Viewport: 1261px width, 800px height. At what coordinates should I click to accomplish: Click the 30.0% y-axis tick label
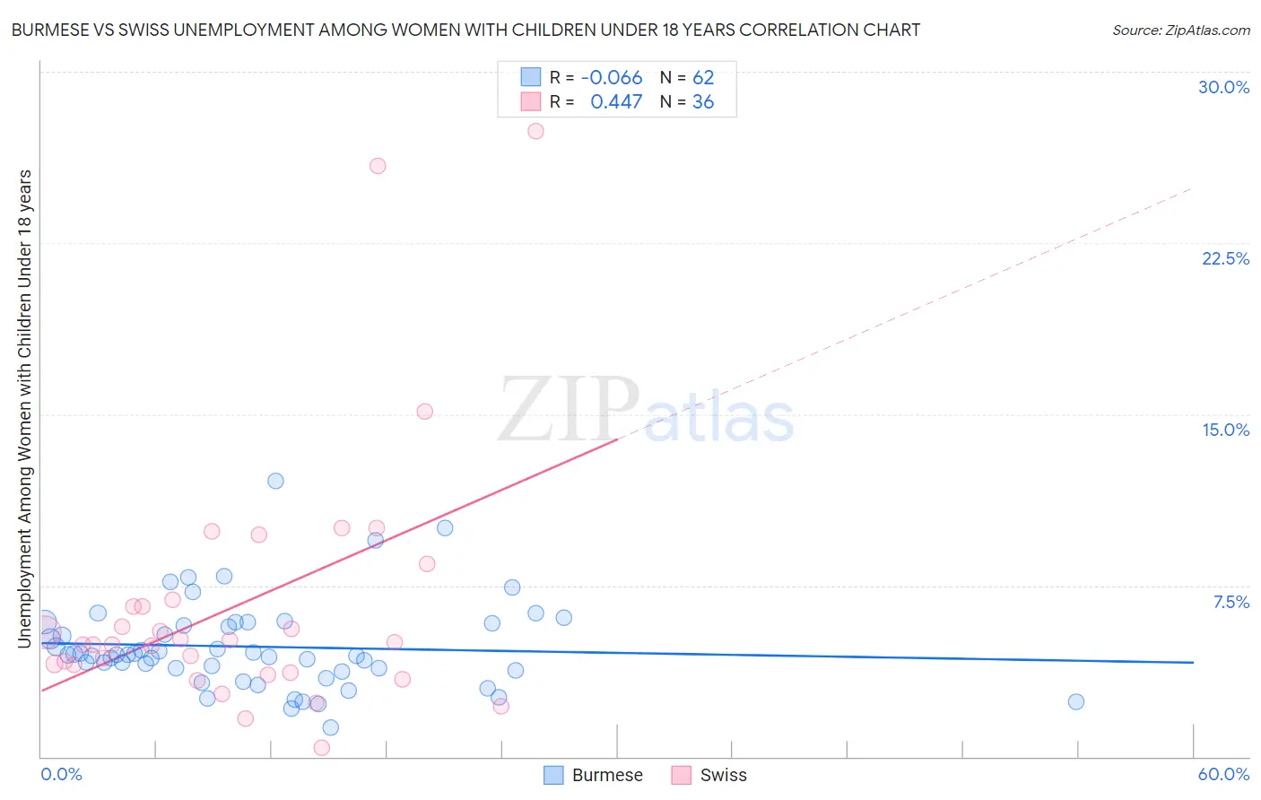[1223, 87]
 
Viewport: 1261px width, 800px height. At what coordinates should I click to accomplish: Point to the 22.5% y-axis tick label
[1225, 258]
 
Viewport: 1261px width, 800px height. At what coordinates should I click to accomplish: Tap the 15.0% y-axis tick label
[1225, 430]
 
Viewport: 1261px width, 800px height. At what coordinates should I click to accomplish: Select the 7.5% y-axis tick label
[1231, 602]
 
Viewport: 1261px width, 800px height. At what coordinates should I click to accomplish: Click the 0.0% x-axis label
[61, 774]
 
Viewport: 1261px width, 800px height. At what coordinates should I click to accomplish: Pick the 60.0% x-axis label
[1223, 774]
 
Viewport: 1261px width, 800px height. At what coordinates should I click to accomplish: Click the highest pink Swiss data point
[535, 131]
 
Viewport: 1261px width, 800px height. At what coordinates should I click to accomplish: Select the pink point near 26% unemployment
[378, 166]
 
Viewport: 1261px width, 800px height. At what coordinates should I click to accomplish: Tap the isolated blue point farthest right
[1076, 701]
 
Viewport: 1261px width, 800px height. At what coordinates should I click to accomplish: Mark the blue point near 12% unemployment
[275, 481]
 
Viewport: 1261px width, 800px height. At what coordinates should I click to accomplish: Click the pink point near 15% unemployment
[425, 412]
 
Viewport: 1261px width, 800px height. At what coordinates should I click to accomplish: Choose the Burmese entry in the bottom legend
[594, 775]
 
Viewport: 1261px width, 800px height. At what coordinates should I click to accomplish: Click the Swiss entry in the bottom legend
[709, 775]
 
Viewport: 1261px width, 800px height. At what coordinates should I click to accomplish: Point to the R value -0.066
[612, 78]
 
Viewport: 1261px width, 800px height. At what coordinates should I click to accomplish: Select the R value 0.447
[616, 102]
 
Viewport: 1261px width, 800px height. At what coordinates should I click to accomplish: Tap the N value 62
[703, 78]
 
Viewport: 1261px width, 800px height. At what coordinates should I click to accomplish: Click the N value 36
[703, 102]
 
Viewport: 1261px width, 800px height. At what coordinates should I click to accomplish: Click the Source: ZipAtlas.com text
[1180, 30]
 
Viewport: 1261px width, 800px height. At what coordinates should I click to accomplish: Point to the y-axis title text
[24, 408]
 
